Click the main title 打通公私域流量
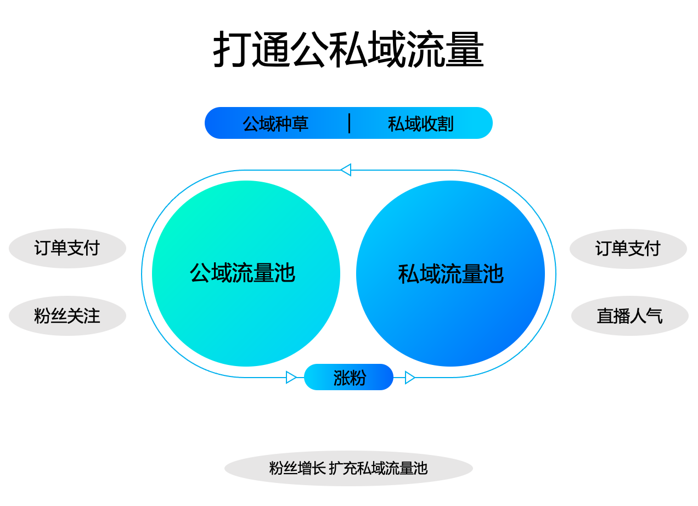coord(348,49)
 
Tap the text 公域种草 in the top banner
coord(275,123)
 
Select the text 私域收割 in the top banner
coord(421,123)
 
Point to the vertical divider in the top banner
coord(350,123)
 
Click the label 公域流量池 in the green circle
coord(243,273)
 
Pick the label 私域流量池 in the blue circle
coord(451,274)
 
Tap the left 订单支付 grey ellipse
coord(67,248)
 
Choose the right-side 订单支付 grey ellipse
coord(628,249)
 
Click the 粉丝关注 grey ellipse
coord(67,316)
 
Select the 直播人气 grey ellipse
coord(630,316)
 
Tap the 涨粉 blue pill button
coord(348,377)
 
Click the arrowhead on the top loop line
coord(346,170)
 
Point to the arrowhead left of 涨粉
coord(291,378)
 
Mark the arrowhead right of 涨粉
coord(410,378)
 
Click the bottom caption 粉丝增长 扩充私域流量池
coord(348,468)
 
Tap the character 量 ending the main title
coord(465,49)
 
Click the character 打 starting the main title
coord(232,49)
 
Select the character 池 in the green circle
coord(285,273)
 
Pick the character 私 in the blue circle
coord(408,274)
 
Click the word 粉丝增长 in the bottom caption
coord(297,468)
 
